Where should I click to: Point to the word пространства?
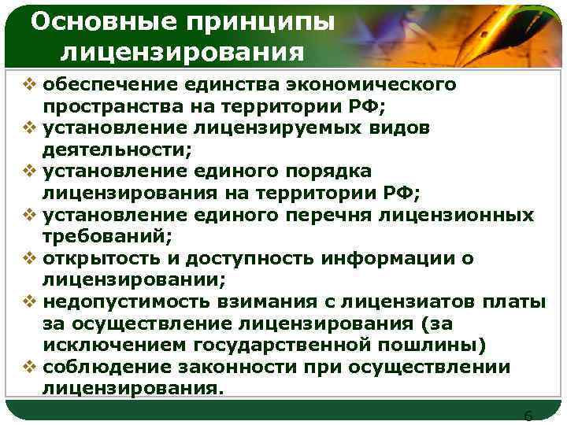113,106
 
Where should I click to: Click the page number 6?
528,415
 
